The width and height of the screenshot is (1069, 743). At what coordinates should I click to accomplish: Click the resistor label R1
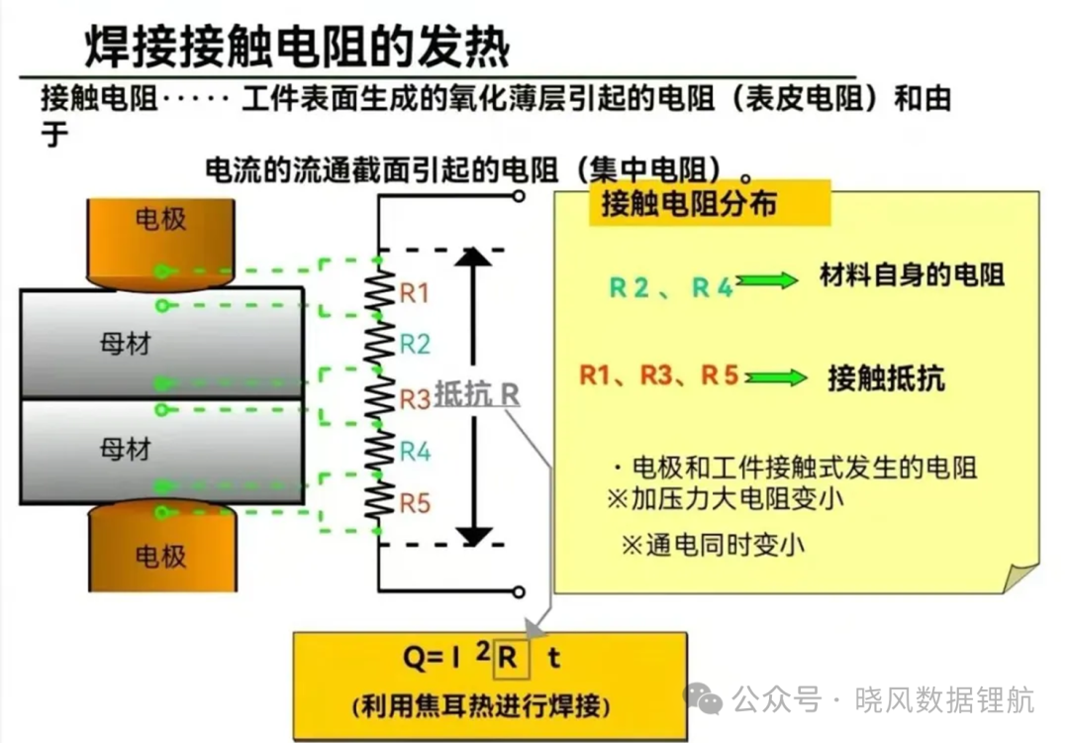(x=414, y=292)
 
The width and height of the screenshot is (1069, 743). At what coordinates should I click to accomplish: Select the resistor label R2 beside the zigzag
(x=415, y=344)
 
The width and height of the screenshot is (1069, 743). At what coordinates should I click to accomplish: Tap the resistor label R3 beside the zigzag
(x=415, y=398)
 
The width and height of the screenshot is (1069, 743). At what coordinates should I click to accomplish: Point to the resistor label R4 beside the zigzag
(x=415, y=451)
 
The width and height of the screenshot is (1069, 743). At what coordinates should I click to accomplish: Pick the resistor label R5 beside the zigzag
(x=415, y=503)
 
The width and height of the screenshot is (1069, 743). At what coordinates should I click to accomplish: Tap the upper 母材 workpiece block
(x=162, y=343)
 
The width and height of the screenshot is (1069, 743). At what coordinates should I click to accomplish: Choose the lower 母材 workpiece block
(x=162, y=452)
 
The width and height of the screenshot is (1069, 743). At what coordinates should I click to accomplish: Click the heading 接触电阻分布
(x=689, y=203)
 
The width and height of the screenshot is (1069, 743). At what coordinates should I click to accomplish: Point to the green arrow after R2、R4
(x=768, y=280)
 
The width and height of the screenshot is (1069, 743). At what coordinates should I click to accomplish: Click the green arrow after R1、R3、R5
(x=776, y=377)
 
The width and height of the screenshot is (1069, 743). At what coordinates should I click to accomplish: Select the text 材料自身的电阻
(x=912, y=275)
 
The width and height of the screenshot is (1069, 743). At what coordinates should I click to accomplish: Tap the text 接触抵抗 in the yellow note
(x=886, y=378)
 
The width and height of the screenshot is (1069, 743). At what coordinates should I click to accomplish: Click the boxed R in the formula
(x=512, y=658)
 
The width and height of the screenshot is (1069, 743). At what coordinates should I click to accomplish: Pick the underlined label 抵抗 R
(x=477, y=394)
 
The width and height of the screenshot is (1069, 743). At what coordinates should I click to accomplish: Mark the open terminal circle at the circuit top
(x=519, y=196)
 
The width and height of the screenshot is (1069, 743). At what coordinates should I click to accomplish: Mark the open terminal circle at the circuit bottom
(x=519, y=591)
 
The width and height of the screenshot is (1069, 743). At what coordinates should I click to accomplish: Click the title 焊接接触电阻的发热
(x=297, y=47)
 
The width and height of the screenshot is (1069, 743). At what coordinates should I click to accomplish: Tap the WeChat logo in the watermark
(x=703, y=698)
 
